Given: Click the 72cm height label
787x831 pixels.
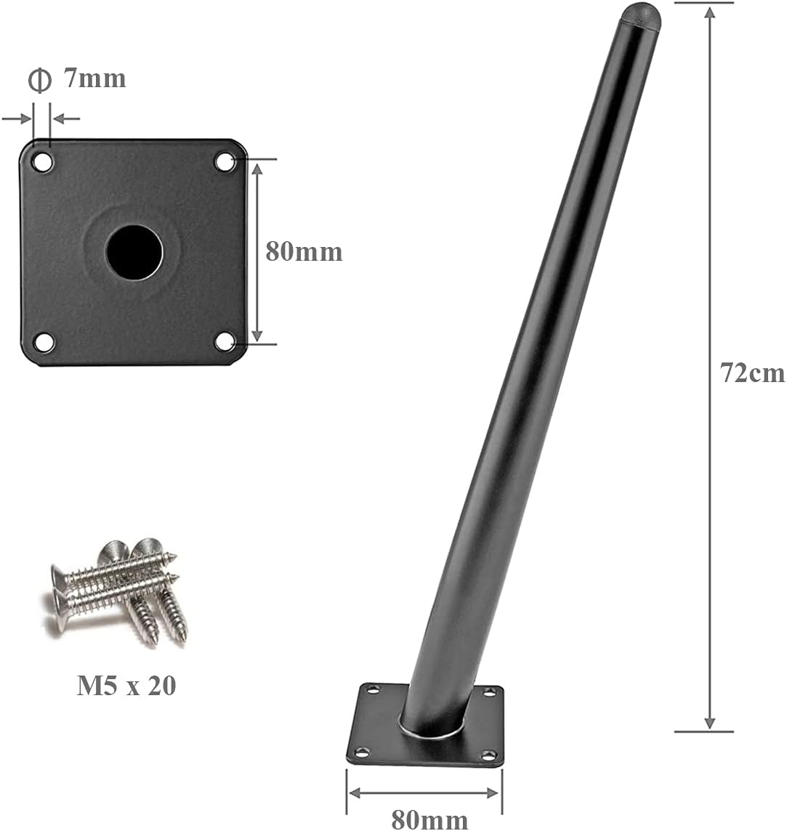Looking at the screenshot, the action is (x=753, y=373).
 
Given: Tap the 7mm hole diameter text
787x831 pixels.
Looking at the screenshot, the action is (x=95, y=78).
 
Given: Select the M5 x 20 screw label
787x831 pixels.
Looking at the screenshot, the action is (x=126, y=685).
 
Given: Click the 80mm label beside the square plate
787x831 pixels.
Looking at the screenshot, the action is (x=304, y=251).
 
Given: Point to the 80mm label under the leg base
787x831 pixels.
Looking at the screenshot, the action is (x=429, y=819).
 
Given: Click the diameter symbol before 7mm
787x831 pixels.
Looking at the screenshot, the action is (x=40, y=81).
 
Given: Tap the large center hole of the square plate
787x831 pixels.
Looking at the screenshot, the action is (x=134, y=253).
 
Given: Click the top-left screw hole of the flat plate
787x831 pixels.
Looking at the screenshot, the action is (x=43, y=162).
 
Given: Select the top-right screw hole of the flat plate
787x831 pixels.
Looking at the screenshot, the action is (x=225, y=162).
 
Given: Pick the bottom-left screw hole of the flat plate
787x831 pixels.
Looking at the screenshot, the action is (x=44, y=342).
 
